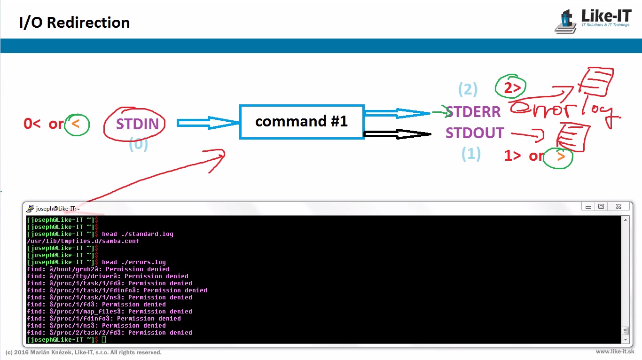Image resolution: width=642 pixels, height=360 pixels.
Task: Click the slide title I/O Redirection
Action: (74, 23)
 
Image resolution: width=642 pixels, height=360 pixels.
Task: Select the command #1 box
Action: (302, 122)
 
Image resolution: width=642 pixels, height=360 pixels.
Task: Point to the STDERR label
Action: (473, 112)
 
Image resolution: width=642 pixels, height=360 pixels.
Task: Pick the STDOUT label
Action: (475, 133)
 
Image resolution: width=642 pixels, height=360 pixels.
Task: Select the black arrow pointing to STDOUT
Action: (397, 134)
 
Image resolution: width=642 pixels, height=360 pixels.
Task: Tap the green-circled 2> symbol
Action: (510, 87)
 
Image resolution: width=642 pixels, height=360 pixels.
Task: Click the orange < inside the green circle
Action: (77, 124)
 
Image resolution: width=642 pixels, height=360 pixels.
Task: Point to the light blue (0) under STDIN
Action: (138, 144)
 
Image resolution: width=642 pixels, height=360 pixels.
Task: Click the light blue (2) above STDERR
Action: (468, 89)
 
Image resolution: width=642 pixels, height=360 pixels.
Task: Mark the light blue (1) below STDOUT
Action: (471, 154)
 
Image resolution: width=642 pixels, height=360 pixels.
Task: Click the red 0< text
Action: (32, 124)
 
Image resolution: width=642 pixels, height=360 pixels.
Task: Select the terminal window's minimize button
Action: (588, 207)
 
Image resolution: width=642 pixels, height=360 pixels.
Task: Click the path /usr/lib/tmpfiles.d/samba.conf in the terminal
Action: (83, 241)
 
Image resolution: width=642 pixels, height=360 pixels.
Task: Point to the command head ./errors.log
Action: (134, 262)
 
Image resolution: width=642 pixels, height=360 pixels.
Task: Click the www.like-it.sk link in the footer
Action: (615, 352)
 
